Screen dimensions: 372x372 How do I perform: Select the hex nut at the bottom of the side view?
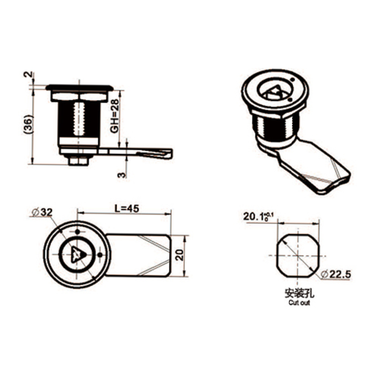tap(78, 160)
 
